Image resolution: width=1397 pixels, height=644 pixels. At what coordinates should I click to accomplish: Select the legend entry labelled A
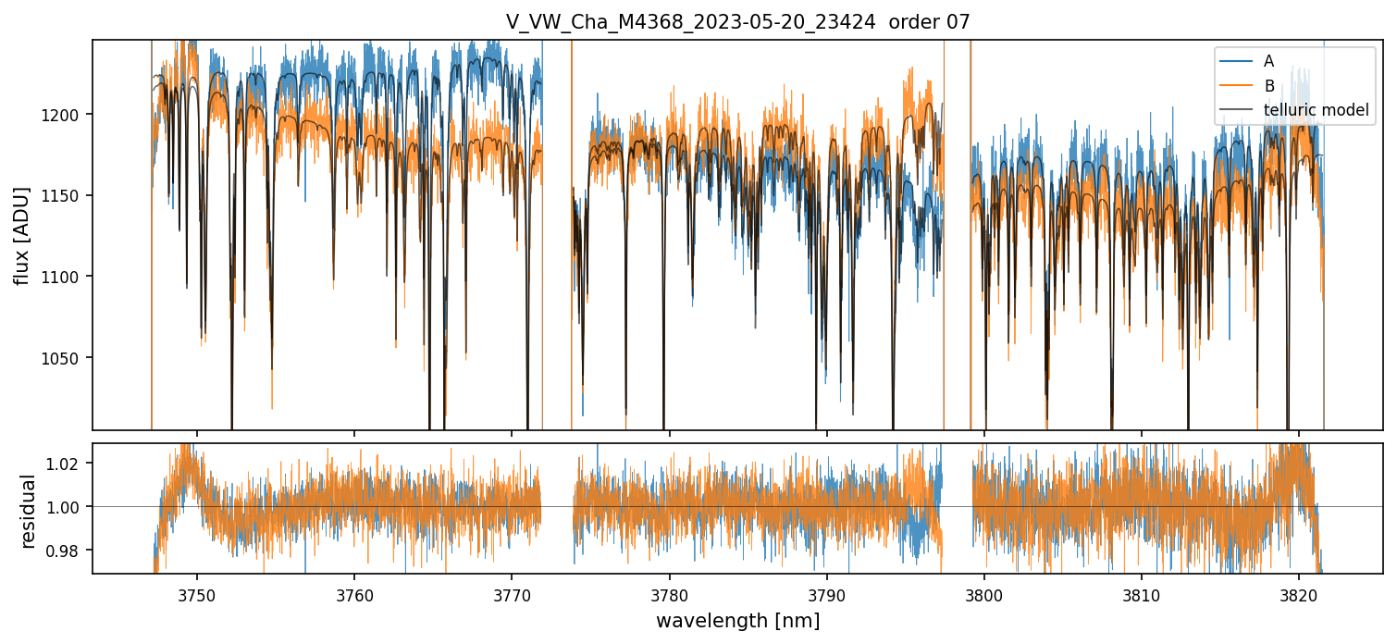(1268, 61)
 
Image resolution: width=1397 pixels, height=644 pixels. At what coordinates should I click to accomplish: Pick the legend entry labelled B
(1268, 86)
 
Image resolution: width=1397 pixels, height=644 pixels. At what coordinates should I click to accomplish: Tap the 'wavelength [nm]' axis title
(737, 620)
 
